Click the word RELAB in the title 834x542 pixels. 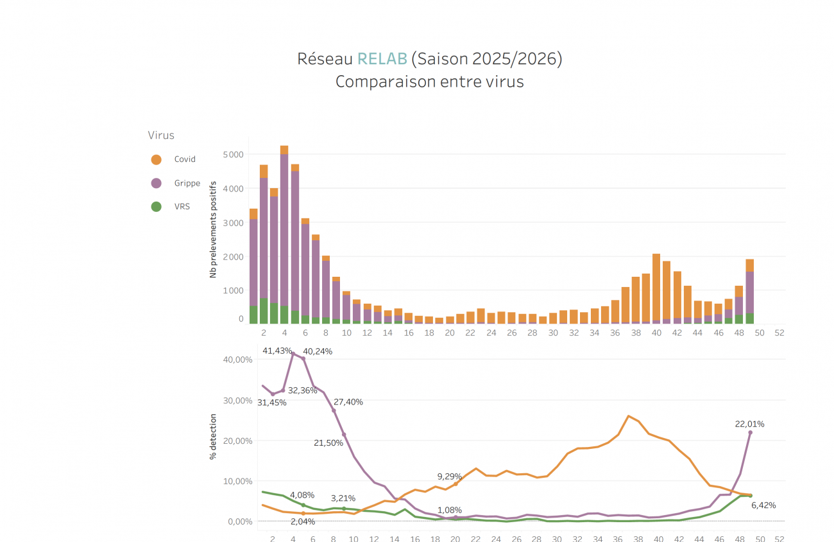click(x=382, y=59)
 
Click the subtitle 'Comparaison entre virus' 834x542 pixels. click(x=429, y=82)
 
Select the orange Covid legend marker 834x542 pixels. click(x=156, y=159)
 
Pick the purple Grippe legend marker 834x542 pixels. click(x=156, y=183)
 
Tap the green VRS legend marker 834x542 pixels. click(x=156, y=207)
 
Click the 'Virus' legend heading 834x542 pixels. click(x=161, y=135)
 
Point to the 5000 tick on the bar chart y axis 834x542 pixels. click(x=232, y=155)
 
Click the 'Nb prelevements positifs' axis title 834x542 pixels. click(x=213, y=229)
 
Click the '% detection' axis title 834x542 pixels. click(x=213, y=437)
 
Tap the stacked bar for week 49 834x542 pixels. click(x=749, y=292)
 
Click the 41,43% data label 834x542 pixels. click(x=277, y=351)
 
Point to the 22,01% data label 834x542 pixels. click(x=749, y=424)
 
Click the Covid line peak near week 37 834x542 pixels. click(x=628, y=416)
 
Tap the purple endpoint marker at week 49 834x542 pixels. click(x=750, y=432)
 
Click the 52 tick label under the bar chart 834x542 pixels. click(x=779, y=333)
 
